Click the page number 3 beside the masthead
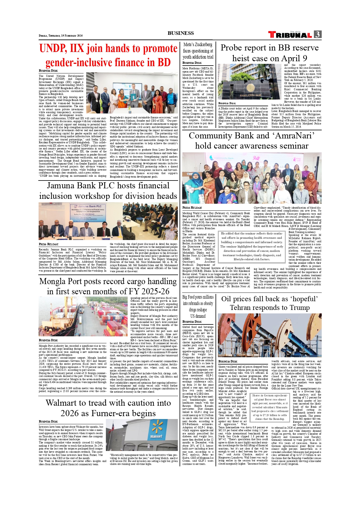click(318, 35)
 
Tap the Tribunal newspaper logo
click(290, 35)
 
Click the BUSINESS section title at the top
click(180, 33)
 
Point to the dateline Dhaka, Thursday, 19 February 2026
click(61, 36)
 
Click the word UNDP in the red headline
click(53, 48)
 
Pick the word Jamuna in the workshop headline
click(62, 185)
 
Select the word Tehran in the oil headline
click(244, 308)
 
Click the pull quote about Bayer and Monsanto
click(270, 407)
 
